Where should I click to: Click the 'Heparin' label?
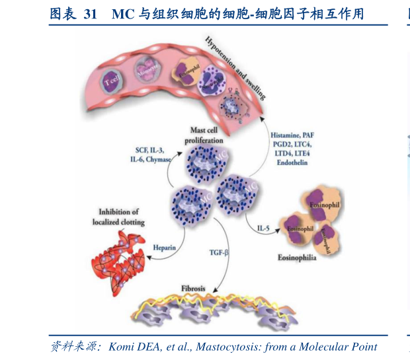(165, 247)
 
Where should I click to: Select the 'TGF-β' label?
(216, 252)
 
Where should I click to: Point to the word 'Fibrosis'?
(194, 289)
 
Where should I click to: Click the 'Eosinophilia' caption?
(297, 258)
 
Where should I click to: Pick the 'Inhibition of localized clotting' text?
(118, 217)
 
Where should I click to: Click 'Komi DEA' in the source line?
(132, 347)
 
